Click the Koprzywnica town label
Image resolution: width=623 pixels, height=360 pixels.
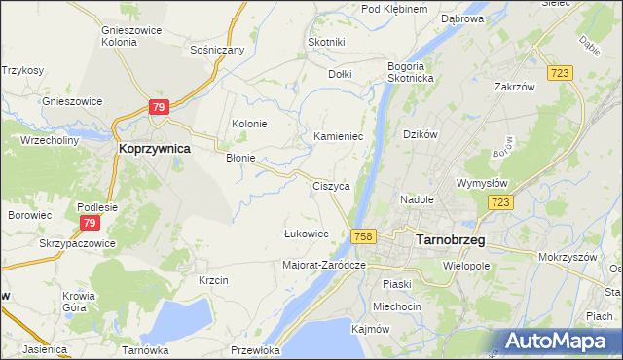click(153, 149)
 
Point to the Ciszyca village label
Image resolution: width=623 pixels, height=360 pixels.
click(331, 185)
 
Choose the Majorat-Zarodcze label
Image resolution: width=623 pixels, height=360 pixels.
click(323, 265)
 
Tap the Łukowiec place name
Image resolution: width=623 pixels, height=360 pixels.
click(306, 234)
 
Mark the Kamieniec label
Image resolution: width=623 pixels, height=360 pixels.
click(338, 136)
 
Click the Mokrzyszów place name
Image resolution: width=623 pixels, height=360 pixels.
click(567, 258)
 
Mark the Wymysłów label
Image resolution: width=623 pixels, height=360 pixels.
click(484, 182)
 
